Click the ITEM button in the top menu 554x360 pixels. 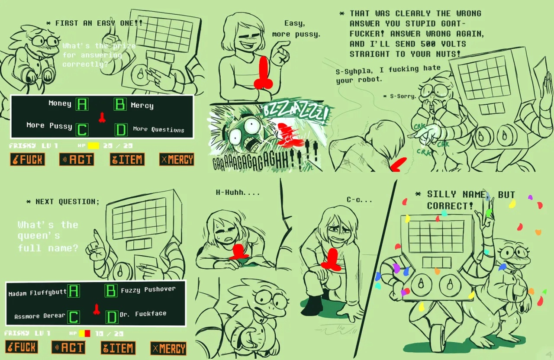coord(126,160)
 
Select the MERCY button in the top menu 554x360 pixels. coord(177,160)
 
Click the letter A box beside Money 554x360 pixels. coord(82,104)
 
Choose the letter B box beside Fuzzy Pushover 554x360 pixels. coord(111,290)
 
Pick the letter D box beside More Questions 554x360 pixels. coord(121,129)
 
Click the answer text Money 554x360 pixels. coord(60,103)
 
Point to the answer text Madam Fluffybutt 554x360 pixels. coord(37,293)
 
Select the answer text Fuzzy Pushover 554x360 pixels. coord(148,289)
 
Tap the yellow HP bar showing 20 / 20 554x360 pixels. coord(93,146)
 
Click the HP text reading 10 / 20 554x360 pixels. coord(109,334)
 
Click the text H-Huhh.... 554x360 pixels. coord(238,193)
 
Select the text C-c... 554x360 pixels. coord(359,199)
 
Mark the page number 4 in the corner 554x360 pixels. coord(548,354)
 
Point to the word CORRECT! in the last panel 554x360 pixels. coord(450,206)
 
